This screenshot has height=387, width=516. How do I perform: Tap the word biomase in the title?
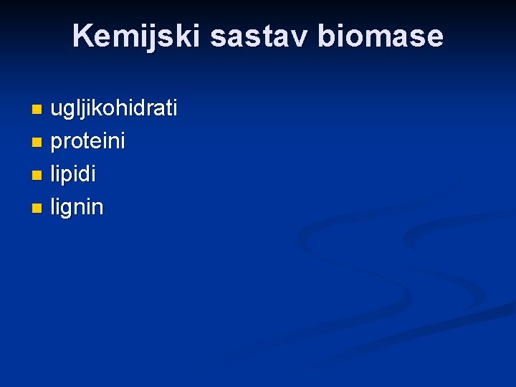[381, 36]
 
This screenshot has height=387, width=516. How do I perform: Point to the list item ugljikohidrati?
[113, 109]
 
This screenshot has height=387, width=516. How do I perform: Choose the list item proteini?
[87, 141]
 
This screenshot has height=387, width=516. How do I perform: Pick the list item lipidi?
[73, 174]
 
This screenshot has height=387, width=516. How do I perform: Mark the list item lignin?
[77, 208]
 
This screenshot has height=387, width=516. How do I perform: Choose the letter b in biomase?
[325, 36]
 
